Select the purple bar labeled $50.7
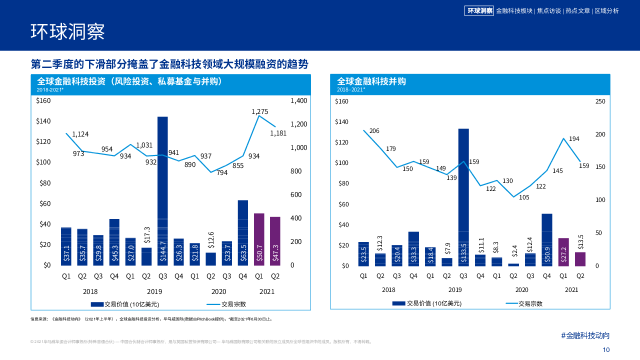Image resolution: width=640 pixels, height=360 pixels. (259, 239)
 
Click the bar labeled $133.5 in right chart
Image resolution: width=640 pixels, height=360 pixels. (463, 197)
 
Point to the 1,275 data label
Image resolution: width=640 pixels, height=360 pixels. (260, 112)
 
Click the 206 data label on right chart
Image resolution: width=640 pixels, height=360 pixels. (374, 131)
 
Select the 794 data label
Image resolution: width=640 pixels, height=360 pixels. (222, 172)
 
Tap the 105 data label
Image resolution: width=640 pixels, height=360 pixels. (524, 197)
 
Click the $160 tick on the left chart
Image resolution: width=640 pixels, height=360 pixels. (43, 100)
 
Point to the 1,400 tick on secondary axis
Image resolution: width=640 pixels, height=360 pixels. (299, 100)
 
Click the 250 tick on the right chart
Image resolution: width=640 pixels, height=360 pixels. (600, 101)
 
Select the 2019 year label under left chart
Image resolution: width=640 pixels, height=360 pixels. (154, 291)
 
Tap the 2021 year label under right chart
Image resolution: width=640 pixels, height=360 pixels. (571, 290)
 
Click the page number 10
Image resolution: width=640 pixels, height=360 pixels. (606, 350)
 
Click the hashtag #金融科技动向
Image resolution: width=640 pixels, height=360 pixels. (585, 335)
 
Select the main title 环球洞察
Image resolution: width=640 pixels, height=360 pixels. (67, 31)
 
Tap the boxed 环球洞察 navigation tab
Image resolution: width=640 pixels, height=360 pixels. (479, 10)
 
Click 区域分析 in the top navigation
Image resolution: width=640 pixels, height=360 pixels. (606, 10)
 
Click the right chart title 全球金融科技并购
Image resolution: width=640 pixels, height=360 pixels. (371, 81)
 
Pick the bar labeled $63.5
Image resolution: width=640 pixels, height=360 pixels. (243, 232)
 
